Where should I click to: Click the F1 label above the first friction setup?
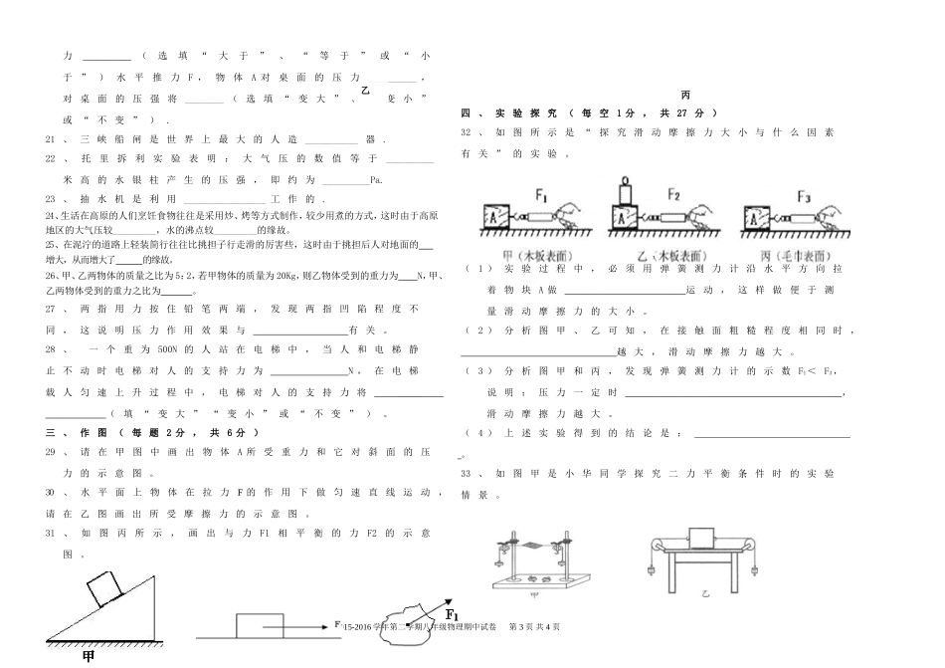click(x=541, y=195)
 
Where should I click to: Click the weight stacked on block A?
click(x=625, y=191)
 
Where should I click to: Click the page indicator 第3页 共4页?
click(x=534, y=626)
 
